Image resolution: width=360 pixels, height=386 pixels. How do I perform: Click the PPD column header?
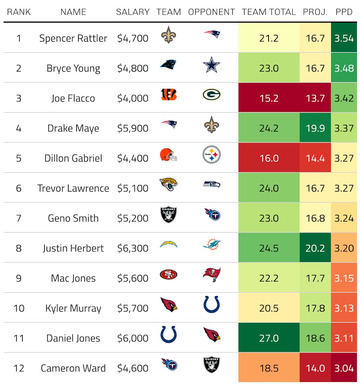[344, 12]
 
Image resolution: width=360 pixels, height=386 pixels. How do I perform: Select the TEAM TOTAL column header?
[268, 12]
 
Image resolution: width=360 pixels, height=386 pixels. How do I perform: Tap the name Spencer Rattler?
[73, 38]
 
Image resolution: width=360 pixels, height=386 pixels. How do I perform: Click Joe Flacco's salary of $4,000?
[133, 98]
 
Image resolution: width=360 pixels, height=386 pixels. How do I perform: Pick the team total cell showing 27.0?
[268, 338]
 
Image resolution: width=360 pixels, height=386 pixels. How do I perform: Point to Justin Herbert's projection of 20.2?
[315, 248]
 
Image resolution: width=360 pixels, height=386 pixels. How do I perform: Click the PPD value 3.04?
[344, 368]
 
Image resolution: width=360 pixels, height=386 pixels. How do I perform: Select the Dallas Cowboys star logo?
[212, 65]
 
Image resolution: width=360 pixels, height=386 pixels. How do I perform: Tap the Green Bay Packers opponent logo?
[212, 95]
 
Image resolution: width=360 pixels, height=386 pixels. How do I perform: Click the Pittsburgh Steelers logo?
[212, 155]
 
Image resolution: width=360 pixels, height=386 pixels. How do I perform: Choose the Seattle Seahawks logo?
[212, 185]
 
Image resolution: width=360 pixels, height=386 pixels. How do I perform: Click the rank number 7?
[19, 218]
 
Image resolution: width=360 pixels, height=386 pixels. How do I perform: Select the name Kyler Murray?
[73, 308]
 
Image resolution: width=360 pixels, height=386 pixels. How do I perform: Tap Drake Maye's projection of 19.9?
[315, 128]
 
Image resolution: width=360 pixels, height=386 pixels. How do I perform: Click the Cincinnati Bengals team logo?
[168, 95]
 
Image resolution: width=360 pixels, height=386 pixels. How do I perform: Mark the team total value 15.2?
[268, 98]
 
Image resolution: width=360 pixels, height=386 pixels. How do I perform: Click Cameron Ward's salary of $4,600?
[133, 368]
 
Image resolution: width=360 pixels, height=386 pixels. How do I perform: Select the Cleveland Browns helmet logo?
[168, 155]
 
